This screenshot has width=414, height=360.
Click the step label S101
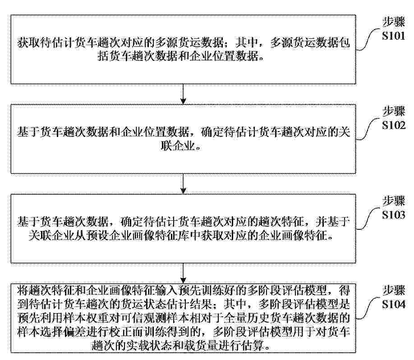click(393, 36)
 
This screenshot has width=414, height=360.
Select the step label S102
click(393, 125)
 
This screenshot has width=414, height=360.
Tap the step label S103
click(393, 215)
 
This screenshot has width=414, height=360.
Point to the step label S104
click(393, 304)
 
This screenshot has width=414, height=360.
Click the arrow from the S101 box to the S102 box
click(183, 94)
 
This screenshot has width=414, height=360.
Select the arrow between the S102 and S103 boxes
click(183, 184)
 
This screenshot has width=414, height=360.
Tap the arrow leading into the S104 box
click(183, 273)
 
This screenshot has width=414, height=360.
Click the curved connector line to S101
click(369, 40)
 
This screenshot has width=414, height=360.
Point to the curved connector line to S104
click(369, 308)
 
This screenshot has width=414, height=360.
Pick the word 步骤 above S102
click(394, 111)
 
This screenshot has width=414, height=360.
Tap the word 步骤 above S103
click(394, 201)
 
